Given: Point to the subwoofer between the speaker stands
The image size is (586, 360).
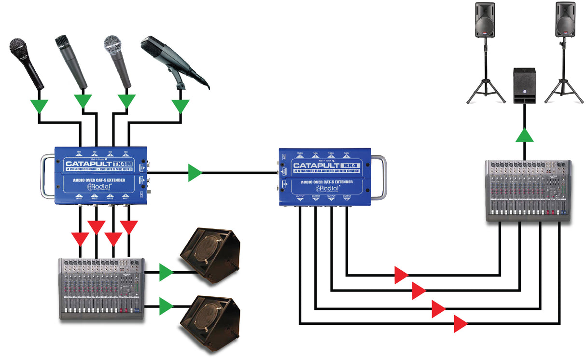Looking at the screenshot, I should pyautogui.click(x=524, y=85).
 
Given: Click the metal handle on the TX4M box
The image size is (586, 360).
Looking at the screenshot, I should pyautogui.click(x=46, y=176).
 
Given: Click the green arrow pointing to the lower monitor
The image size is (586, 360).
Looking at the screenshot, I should pyautogui.click(x=166, y=306).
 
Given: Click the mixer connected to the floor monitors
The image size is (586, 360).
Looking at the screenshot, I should pyautogui.click(x=101, y=288).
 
